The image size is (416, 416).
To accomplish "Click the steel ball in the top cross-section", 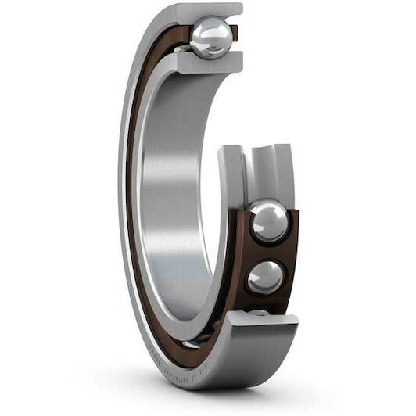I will (x=211, y=37).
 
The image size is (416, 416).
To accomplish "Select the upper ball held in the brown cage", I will (x=268, y=221).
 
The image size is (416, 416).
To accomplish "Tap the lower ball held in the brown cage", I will (x=265, y=276).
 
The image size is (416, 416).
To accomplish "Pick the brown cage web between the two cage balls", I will (x=266, y=250).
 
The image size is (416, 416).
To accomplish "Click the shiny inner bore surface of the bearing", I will (x=168, y=195).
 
